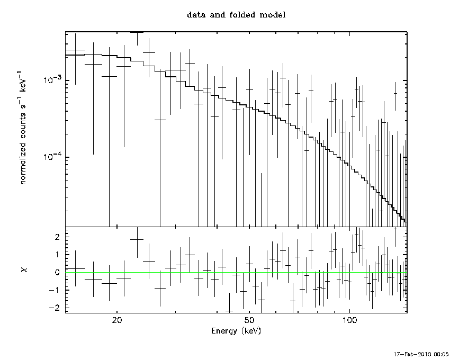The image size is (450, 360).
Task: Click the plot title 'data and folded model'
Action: pos(236,15)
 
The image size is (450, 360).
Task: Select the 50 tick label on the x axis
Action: pos(250,321)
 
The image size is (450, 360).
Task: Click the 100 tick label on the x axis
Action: pos(349,321)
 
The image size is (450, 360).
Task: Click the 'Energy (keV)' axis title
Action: pos(236,331)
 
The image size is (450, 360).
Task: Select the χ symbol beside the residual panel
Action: pos(23,270)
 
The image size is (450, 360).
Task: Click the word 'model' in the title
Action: pos(273,15)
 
